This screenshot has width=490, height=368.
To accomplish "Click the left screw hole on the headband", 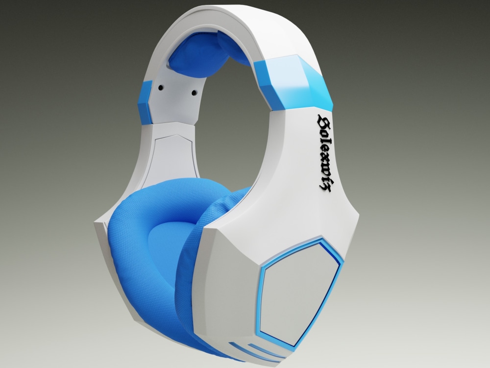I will (160, 87).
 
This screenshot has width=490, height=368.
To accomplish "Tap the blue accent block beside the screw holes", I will (146, 101).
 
